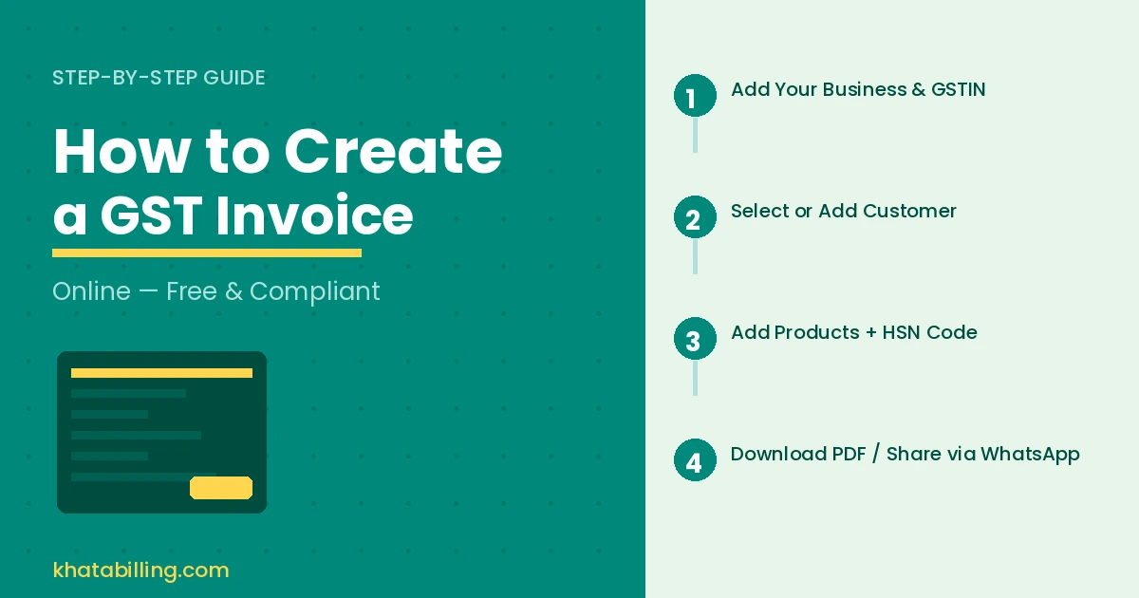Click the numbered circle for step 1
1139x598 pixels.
point(695,96)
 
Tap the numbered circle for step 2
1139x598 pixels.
point(695,217)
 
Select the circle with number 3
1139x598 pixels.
point(695,339)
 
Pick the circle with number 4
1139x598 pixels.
point(695,460)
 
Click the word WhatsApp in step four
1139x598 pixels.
point(1030,455)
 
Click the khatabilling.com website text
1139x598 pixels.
point(140,570)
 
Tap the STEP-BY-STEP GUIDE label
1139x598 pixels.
point(159,78)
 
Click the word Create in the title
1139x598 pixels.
point(393,152)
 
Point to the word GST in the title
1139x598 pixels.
point(151,216)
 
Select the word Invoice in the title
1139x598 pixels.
point(314,216)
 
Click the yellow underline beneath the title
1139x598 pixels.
point(207,253)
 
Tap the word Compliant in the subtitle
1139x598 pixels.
point(315,291)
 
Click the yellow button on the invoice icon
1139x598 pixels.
point(221,488)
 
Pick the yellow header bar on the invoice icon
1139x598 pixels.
point(161,373)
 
